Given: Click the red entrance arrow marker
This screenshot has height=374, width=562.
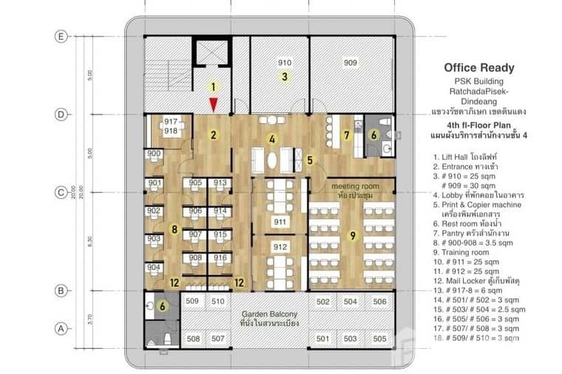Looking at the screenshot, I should tap(213, 105).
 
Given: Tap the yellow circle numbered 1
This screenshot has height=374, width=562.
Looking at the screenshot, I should tap(213, 86).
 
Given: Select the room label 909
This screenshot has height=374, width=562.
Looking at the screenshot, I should tap(350, 63).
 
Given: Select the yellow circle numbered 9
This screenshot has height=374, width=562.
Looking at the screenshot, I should tap(353, 236).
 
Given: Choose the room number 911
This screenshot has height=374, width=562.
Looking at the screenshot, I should tap(280, 222).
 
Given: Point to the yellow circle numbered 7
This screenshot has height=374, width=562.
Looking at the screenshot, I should tap(345, 135).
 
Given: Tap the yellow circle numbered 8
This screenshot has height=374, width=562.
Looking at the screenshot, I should tap(174, 230).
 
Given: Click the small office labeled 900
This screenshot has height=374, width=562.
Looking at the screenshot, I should tap(154, 154).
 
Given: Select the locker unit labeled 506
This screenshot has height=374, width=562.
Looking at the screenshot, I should tap(379, 302).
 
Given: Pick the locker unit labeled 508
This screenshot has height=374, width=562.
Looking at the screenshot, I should tap(192, 339).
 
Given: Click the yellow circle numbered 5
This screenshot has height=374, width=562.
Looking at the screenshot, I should tap(311, 160).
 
